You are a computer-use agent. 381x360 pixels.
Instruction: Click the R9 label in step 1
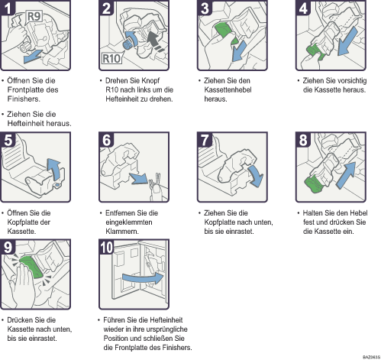(34, 17)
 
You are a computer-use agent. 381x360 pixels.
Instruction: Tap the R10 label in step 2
(111, 58)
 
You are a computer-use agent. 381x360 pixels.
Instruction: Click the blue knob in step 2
(128, 44)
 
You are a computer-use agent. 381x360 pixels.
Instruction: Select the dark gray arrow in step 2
(155, 41)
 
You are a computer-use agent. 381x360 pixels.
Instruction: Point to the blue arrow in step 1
(33, 57)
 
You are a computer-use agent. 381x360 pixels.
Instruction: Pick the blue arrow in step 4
(348, 41)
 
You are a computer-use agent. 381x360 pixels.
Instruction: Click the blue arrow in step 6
(138, 178)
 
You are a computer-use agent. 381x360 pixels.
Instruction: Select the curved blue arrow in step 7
(257, 175)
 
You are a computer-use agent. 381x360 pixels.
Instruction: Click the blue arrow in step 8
(347, 174)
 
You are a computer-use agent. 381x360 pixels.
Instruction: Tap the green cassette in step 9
(31, 267)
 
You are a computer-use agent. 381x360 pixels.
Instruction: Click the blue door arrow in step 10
(143, 278)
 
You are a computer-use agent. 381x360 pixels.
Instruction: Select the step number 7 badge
(205, 140)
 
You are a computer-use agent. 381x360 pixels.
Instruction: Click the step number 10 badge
(106, 247)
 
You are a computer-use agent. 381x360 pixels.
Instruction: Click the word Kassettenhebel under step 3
(228, 89)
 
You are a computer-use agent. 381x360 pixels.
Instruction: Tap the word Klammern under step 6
(122, 232)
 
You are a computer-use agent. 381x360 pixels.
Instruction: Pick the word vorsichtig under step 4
(351, 81)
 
